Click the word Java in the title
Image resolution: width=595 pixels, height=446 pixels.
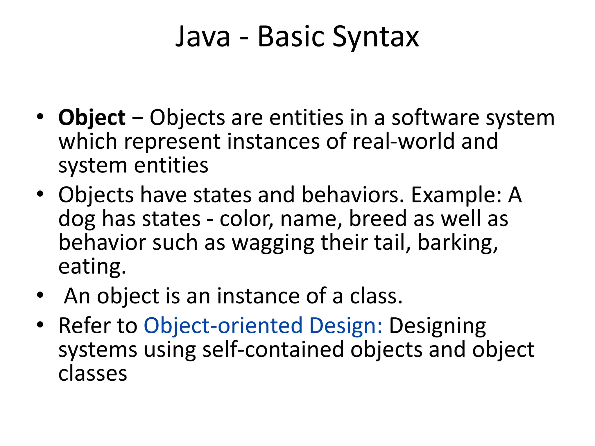[203, 37]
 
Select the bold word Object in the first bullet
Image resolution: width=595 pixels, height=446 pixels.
[92, 118]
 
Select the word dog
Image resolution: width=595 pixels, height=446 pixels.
[77, 219]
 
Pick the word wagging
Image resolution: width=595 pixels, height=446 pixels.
[273, 243]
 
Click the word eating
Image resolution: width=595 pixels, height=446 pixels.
[92, 267]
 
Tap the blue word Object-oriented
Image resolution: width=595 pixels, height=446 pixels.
[223, 326]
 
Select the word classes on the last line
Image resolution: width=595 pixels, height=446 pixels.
[93, 374]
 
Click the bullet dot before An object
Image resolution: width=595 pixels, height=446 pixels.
[40, 295]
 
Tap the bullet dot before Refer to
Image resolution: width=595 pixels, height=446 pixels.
[40, 324]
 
